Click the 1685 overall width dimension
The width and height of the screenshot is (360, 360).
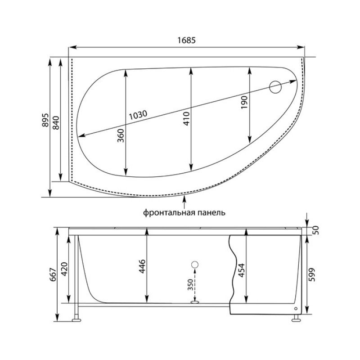coord(186,40)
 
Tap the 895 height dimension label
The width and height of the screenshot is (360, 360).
coord(45,120)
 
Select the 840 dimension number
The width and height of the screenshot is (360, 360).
coord(56,123)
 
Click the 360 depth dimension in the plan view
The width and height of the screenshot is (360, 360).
coord(121,136)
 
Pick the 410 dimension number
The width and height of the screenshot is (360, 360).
coord(186,118)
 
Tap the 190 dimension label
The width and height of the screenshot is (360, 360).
coord(244,103)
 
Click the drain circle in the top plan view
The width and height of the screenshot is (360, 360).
coord(275,87)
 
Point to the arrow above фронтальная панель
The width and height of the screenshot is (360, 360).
coord(184,202)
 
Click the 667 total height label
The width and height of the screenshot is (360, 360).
coord(53,275)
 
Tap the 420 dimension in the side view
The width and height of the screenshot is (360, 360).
coord(64,269)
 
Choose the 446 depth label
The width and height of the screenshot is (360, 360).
coord(142,266)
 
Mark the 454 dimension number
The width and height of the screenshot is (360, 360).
coord(242,270)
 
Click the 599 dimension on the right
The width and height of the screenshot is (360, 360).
coord(312,274)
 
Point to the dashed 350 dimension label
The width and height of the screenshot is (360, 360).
coord(190,285)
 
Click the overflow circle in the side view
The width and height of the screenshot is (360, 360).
coord(195,265)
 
